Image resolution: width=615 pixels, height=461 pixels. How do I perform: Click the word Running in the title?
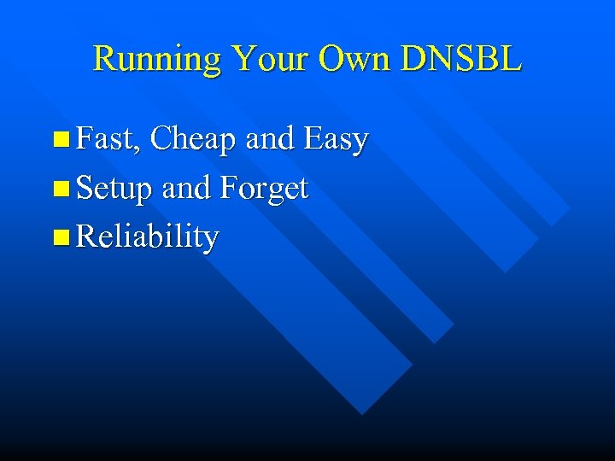pyautogui.click(x=158, y=59)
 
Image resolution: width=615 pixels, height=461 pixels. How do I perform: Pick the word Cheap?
pyautogui.click(x=195, y=139)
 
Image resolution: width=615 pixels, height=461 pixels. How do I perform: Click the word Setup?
pyautogui.click(x=114, y=189)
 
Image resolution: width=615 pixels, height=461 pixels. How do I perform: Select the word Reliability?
pyautogui.click(x=147, y=237)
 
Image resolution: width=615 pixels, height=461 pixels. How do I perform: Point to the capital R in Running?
pyautogui.click(x=104, y=58)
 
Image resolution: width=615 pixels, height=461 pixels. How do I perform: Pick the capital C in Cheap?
pyautogui.click(x=161, y=139)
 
